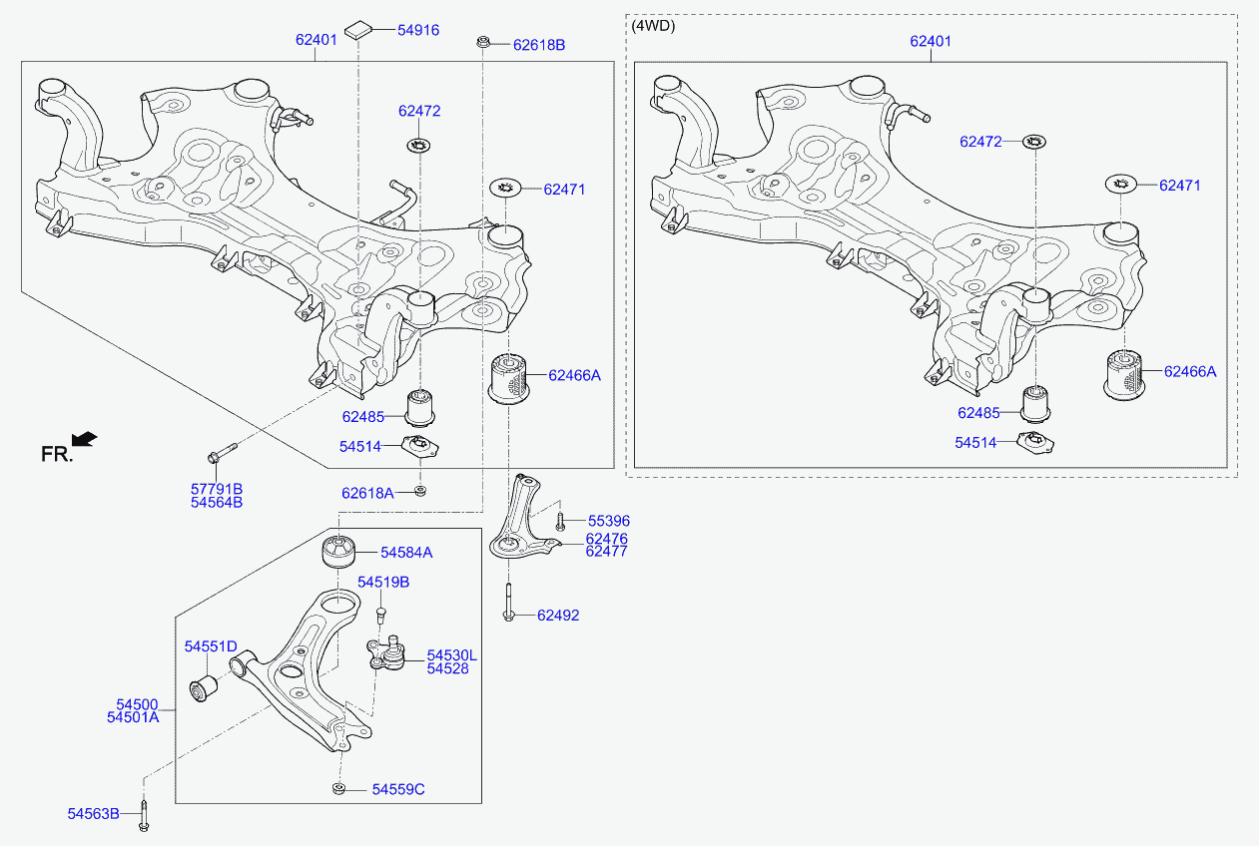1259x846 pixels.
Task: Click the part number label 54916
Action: [418, 30]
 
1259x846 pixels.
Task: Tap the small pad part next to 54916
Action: [358, 30]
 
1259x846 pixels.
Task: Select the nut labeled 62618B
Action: [483, 42]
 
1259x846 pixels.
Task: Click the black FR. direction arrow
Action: [84, 439]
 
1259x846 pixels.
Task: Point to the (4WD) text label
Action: [653, 26]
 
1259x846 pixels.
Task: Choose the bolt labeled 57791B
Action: [222, 453]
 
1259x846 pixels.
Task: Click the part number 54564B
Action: [217, 503]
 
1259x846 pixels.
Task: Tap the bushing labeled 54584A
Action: [339, 551]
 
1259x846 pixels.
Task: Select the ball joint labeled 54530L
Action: [385, 653]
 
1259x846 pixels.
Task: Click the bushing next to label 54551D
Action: [204, 688]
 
